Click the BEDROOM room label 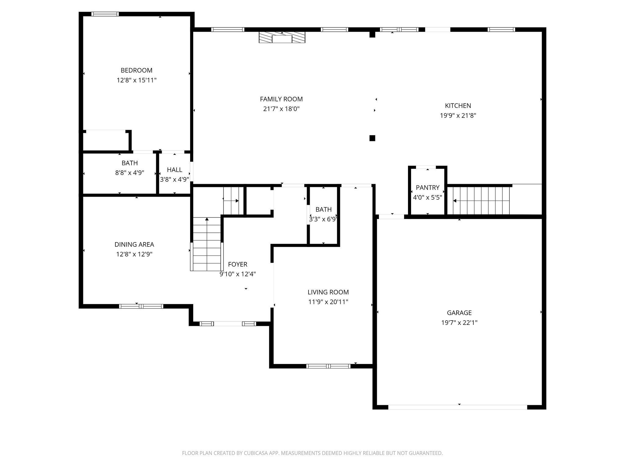(136, 70)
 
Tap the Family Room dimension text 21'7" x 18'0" (281, 109)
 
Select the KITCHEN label (458, 106)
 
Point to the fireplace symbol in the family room (282, 38)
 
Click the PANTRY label (427, 187)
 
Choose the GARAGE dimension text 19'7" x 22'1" (459, 322)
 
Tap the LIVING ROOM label (328, 292)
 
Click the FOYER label (237, 264)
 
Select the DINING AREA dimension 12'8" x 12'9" (134, 254)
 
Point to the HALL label (175, 170)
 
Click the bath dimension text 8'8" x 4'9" (129, 173)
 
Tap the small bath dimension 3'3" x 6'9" (323, 219)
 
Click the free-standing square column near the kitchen (372, 138)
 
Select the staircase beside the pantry (481, 201)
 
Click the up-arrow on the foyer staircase (207, 219)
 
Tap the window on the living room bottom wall (328, 366)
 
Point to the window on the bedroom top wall (105, 14)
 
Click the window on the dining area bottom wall (141, 306)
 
